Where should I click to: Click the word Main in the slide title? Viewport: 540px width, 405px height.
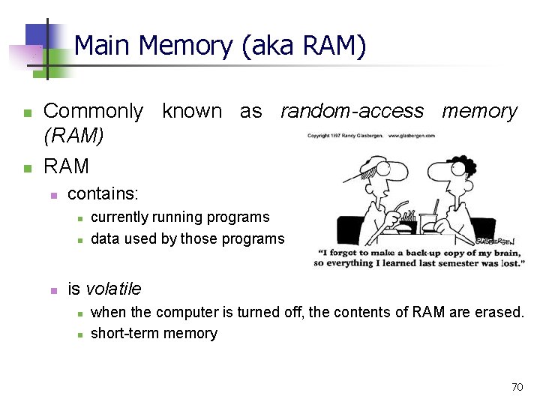(103, 46)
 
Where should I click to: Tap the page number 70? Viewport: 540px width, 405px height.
(517, 387)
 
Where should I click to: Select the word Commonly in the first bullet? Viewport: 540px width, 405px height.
(93, 112)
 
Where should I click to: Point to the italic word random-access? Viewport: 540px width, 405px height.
(352, 112)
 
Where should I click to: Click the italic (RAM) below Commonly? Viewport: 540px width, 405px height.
(73, 136)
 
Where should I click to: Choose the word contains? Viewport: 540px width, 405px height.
(103, 193)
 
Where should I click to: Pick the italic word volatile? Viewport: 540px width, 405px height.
(113, 289)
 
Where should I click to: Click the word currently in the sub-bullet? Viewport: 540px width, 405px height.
(120, 217)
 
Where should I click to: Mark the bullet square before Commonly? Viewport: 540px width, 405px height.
(27, 113)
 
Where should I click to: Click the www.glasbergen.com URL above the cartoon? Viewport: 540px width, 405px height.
(411, 136)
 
